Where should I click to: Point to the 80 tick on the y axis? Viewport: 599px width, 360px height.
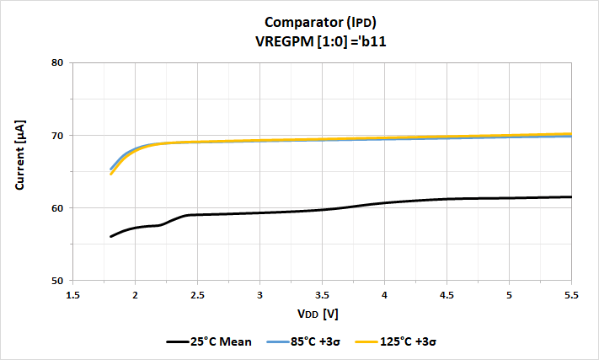tap(57, 62)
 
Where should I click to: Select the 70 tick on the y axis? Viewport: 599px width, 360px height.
tap(57, 135)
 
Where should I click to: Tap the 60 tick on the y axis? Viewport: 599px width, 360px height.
tap(57, 207)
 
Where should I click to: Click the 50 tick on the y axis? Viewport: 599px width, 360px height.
tap(57, 280)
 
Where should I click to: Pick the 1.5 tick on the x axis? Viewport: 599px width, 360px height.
tap(72, 295)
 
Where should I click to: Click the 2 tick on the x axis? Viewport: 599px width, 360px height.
tap(135, 295)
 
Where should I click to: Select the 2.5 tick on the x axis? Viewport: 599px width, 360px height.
tap(197, 295)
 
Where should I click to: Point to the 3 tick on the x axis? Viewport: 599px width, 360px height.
tap(259, 295)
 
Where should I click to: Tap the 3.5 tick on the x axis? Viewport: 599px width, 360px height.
tap(322, 295)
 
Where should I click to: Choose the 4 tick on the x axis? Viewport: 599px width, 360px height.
tap(384, 295)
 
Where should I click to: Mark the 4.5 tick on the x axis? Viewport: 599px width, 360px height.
tap(447, 295)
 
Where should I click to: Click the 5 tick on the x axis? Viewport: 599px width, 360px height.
tap(509, 295)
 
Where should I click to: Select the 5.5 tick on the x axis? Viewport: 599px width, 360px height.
tap(571, 295)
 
